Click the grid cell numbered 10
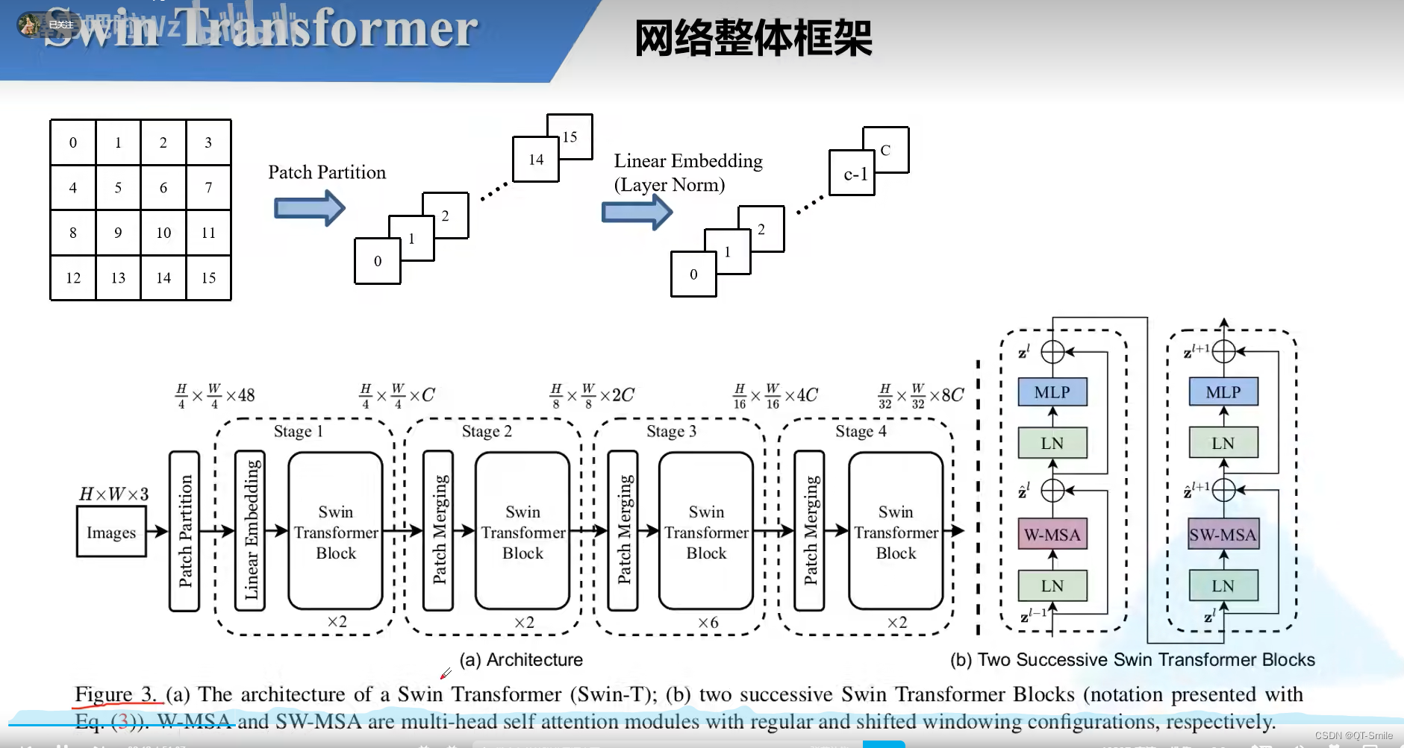coord(163,233)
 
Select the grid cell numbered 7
coord(208,187)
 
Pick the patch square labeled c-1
coord(852,173)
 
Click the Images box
coord(111,532)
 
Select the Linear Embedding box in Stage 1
coord(250,530)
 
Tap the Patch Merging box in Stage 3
coord(623,530)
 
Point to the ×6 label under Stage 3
coord(708,622)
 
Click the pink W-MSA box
coord(1052,534)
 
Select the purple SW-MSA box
coord(1223,534)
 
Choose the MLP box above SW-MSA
coord(1223,392)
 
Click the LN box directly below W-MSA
coord(1052,585)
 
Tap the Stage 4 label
coord(861,431)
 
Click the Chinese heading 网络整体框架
coord(752,38)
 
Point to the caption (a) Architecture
coord(521,659)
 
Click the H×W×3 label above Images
coord(113,494)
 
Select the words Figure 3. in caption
coord(116,694)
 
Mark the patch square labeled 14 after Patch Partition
coord(535,160)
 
